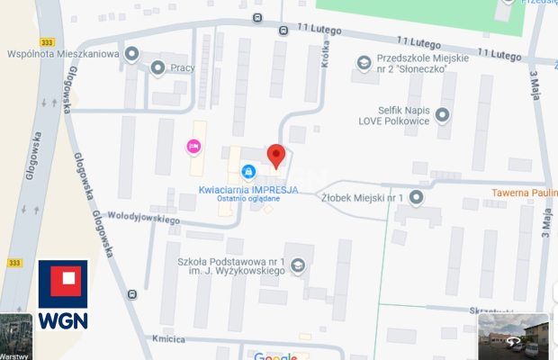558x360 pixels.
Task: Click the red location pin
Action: tap(276, 155)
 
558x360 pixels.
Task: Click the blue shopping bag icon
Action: tap(248, 171)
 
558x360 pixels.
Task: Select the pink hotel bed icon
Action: tap(193, 146)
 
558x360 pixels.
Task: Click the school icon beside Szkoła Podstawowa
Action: tap(298, 265)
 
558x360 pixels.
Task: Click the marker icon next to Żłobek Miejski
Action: tap(416, 196)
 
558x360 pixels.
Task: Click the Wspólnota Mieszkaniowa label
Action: tap(63, 54)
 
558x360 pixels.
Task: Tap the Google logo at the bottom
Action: tap(275, 356)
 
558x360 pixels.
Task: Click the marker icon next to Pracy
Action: tap(158, 67)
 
